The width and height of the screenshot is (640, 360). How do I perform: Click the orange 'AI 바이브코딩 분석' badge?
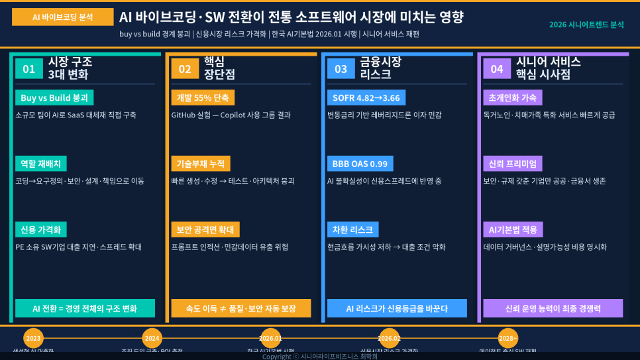coord(62,17)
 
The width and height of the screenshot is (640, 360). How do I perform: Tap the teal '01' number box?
coord(28,68)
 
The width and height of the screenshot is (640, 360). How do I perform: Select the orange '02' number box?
coord(185,68)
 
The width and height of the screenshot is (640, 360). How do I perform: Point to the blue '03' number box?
coord(341,68)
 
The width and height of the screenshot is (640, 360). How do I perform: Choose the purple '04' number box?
coord(497,68)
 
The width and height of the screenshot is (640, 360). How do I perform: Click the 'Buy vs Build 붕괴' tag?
coord(54,97)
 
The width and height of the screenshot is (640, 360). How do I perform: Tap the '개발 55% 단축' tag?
coord(202,97)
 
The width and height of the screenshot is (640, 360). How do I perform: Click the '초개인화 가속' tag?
coord(513,97)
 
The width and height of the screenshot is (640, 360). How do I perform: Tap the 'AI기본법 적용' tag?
coord(513,229)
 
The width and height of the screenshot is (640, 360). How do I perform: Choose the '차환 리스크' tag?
coord(352,229)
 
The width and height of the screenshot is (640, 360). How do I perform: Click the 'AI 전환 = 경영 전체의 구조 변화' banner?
coord(85,308)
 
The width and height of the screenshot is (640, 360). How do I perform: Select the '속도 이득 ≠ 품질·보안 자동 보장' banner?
coord(240,308)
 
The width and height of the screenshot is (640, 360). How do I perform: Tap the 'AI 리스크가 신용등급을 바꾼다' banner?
coord(397,308)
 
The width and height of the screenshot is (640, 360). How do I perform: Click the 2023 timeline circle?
coord(33,338)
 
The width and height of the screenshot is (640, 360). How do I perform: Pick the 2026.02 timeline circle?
coord(389,338)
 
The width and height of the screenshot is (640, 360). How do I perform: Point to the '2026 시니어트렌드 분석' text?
coord(586,25)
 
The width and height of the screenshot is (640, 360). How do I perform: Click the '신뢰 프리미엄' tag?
coord(513,164)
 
